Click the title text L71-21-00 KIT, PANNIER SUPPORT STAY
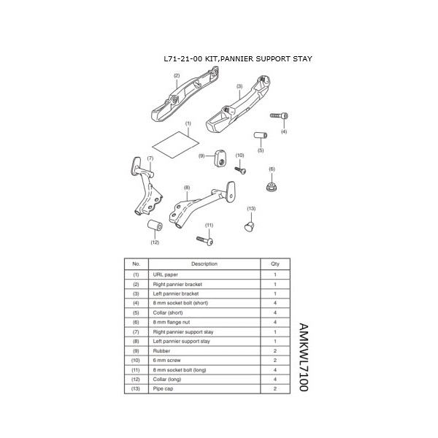coord(239,58)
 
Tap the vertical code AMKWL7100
coord(304,357)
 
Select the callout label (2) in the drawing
coord(177,76)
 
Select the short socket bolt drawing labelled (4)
coord(280,117)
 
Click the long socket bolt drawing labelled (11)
coord(204,239)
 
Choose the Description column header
coord(204,264)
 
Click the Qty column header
coord(274,264)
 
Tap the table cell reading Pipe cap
coord(164,389)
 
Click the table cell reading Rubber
coord(162,350)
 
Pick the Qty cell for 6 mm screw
coord(274,360)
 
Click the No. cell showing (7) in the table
coord(136,331)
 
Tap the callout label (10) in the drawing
coord(239,155)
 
